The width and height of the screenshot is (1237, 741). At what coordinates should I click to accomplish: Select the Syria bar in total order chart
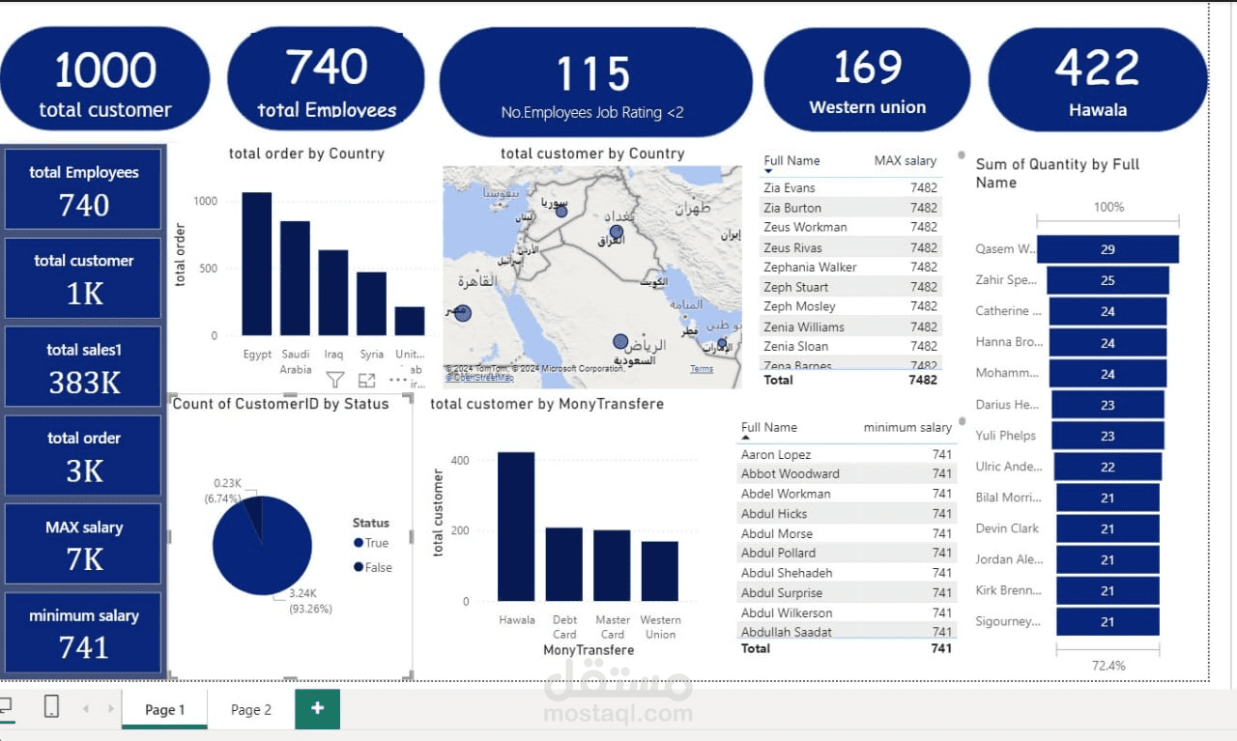[x=371, y=303]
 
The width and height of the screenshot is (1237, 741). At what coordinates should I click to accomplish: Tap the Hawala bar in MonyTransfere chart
[x=516, y=527]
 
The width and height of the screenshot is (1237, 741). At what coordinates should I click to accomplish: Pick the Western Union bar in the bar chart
[x=660, y=571]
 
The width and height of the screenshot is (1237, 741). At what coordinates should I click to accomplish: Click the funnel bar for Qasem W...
[x=1108, y=249]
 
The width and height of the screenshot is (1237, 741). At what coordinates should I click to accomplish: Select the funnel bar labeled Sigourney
[x=1108, y=621]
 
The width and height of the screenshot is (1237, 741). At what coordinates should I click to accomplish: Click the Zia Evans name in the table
[x=790, y=188]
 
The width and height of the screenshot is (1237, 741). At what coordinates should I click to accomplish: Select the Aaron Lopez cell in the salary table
[x=776, y=454]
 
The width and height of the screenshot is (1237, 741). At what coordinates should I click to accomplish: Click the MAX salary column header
[x=906, y=160]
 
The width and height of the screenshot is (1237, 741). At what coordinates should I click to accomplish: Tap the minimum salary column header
[x=907, y=427]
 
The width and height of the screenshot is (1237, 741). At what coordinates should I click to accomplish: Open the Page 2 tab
[x=251, y=709]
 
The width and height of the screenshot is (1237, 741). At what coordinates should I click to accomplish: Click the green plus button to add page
[x=317, y=708]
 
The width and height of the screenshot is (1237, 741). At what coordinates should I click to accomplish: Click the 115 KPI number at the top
[x=593, y=74]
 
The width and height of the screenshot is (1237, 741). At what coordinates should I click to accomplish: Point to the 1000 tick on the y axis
[x=206, y=201]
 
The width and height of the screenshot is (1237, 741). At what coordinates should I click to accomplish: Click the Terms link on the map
[x=702, y=369]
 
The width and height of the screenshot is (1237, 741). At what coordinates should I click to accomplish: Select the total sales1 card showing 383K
[x=84, y=368]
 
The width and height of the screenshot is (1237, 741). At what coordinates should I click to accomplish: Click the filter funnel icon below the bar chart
[x=334, y=380]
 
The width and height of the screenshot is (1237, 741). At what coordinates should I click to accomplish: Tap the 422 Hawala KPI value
[x=1097, y=69]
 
